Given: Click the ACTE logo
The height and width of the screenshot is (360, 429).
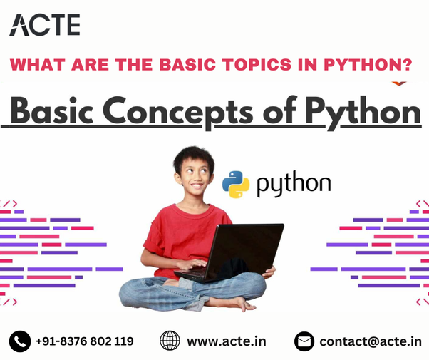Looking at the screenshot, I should pyautogui.click(x=44, y=24).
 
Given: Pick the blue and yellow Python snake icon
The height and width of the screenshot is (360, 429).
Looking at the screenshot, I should pyautogui.click(x=236, y=184).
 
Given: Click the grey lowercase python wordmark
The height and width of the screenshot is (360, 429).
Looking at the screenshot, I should pyautogui.click(x=294, y=185).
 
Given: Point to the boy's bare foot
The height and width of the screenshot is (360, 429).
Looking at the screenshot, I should pyautogui.click(x=235, y=303).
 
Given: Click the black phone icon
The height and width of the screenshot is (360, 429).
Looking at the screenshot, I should pyautogui.click(x=19, y=341).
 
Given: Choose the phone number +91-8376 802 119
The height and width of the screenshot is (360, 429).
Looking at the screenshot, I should pyautogui.click(x=85, y=341).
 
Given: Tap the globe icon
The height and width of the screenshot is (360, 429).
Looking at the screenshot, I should pyautogui.click(x=170, y=341).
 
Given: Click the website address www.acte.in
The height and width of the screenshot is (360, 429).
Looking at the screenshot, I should pyautogui.click(x=227, y=341).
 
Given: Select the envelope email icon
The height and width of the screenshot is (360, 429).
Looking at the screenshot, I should pyautogui.click(x=304, y=341).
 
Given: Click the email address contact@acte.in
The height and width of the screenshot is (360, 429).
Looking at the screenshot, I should pyautogui.click(x=370, y=341).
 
